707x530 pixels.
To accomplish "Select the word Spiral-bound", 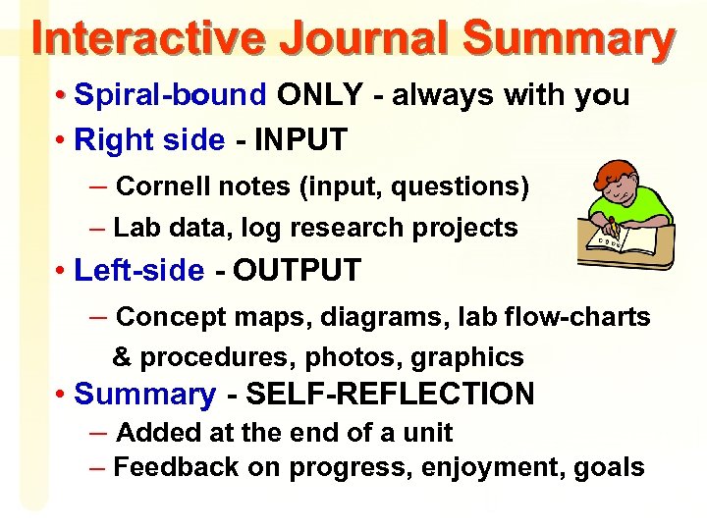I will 170,95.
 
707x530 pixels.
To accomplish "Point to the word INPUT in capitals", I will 300,141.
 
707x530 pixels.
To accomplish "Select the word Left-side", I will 139,271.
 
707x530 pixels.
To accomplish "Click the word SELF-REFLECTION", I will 390,395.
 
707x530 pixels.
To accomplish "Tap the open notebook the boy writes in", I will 614,238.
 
